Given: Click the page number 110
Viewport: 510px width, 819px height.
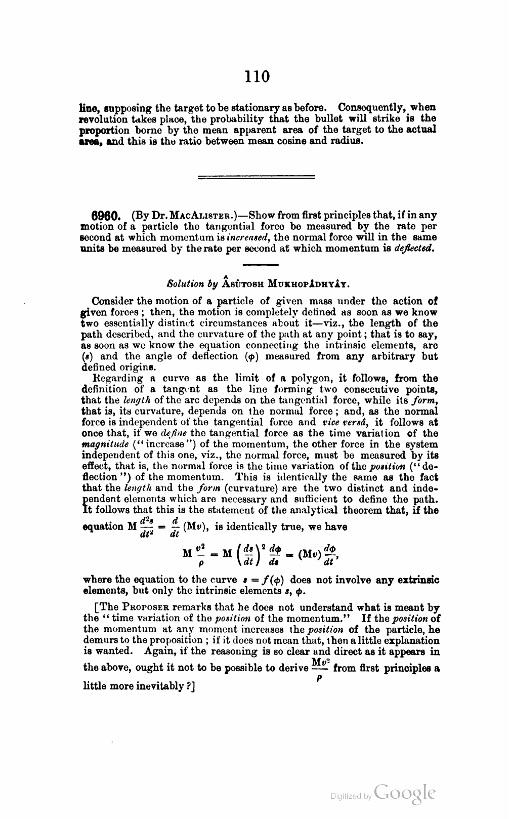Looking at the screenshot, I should point(257,76).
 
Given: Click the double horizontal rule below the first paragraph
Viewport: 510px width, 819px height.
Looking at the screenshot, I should point(256,177).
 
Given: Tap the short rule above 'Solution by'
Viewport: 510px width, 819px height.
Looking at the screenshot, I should point(261,265).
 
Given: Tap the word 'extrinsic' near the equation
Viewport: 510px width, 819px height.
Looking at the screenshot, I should point(415,579).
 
